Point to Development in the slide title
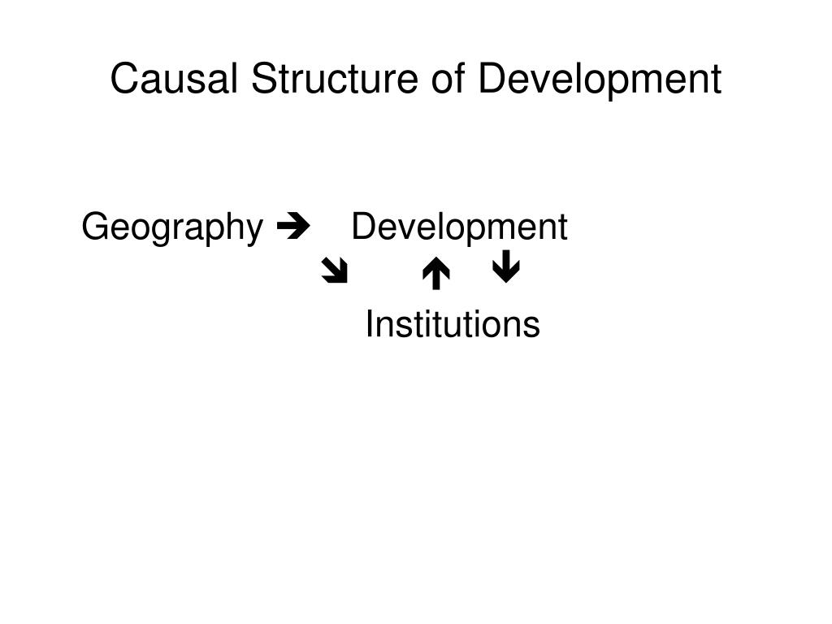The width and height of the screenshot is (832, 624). [x=600, y=80]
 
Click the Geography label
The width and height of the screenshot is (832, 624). [x=172, y=228]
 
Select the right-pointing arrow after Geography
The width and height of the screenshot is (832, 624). [x=288, y=227]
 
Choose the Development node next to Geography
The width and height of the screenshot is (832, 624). [x=459, y=227]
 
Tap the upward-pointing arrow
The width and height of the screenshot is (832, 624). [x=436, y=273]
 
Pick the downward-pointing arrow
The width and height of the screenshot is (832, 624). [x=506, y=268]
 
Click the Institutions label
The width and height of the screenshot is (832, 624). [x=453, y=325]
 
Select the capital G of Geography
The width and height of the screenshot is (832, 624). [x=94, y=227]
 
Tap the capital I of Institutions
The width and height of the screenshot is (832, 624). [x=370, y=325]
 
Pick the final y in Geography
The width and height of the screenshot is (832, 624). [x=255, y=232]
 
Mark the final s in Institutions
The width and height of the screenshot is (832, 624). [x=532, y=327]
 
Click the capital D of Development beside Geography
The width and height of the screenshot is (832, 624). [x=362, y=227]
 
